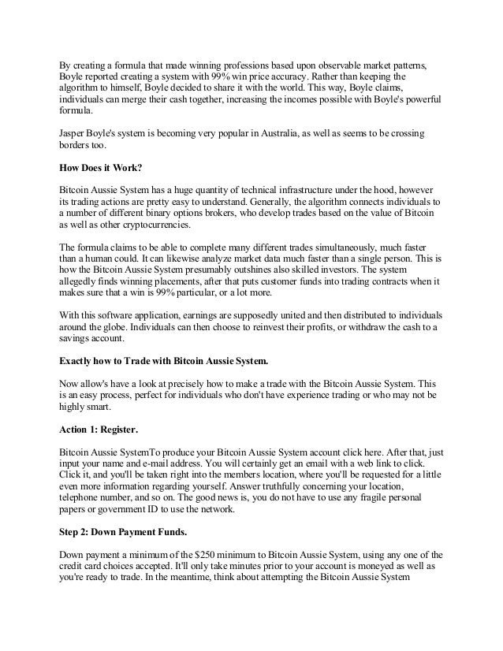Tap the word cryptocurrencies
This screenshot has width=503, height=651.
129,225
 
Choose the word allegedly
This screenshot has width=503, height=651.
81,280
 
